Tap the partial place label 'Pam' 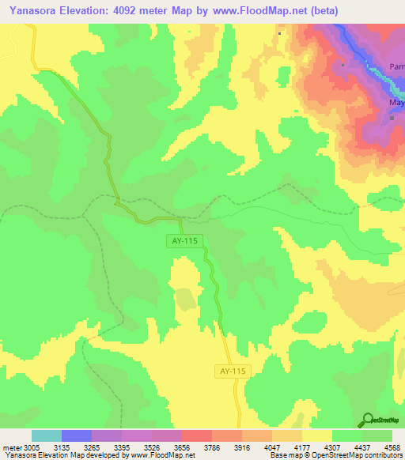[396, 67]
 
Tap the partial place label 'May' [396, 103]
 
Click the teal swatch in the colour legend [47, 435]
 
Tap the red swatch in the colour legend [197, 435]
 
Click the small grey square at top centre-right [280, 34]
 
